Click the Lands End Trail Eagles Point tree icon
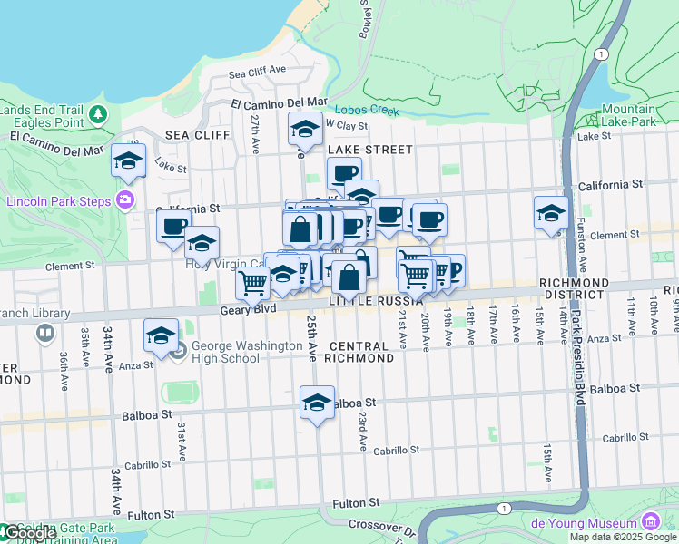point(97,115)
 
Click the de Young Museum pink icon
point(650,522)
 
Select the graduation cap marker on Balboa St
point(317,403)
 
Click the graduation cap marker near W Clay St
point(305,130)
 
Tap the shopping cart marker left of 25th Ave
point(252,283)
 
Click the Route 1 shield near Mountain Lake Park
point(601,54)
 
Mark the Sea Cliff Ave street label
point(257,71)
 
